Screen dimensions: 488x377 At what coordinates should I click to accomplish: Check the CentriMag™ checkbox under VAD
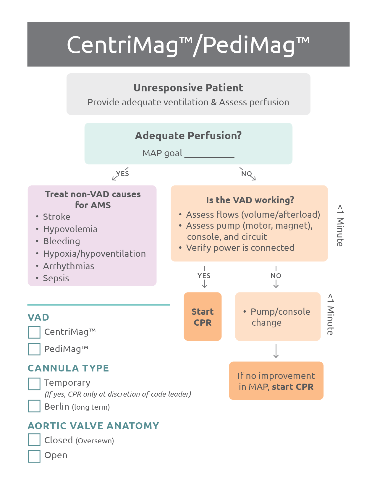[x=34, y=332]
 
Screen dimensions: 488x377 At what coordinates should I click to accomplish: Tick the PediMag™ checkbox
[x=34, y=349]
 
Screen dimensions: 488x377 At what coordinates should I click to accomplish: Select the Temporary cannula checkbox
[x=34, y=384]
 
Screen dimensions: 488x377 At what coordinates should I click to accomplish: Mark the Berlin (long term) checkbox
[x=34, y=406]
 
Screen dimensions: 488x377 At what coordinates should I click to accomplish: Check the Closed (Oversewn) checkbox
[x=34, y=439]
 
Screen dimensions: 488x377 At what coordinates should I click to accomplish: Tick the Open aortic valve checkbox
[x=34, y=456]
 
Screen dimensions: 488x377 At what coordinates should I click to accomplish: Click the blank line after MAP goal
[x=209, y=154]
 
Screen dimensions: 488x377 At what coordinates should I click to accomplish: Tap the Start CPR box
[x=203, y=317]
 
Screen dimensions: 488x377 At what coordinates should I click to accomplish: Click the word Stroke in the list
[x=56, y=217]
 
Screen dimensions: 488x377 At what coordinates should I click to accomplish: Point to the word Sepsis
[x=56, y=278]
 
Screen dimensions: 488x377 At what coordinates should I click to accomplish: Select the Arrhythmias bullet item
[x=68, y=266]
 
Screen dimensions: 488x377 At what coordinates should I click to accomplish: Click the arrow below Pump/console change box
[x=276, y=351]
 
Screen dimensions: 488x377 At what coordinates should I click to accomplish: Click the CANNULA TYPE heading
[x=68, y=368]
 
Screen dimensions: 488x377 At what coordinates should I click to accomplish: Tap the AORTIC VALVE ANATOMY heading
[x=93, y=426]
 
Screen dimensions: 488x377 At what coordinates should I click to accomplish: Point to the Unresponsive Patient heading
[x=188, y=88]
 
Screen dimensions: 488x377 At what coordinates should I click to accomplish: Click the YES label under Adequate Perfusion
[x=122, y=174]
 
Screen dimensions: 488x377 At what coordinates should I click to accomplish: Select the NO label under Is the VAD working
[x=276, y=276]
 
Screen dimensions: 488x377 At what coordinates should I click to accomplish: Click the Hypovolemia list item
[x=70, y=229]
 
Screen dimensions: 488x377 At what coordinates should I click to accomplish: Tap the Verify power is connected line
[x=240, y=248]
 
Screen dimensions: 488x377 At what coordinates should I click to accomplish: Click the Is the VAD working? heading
[x=250, y=200]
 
